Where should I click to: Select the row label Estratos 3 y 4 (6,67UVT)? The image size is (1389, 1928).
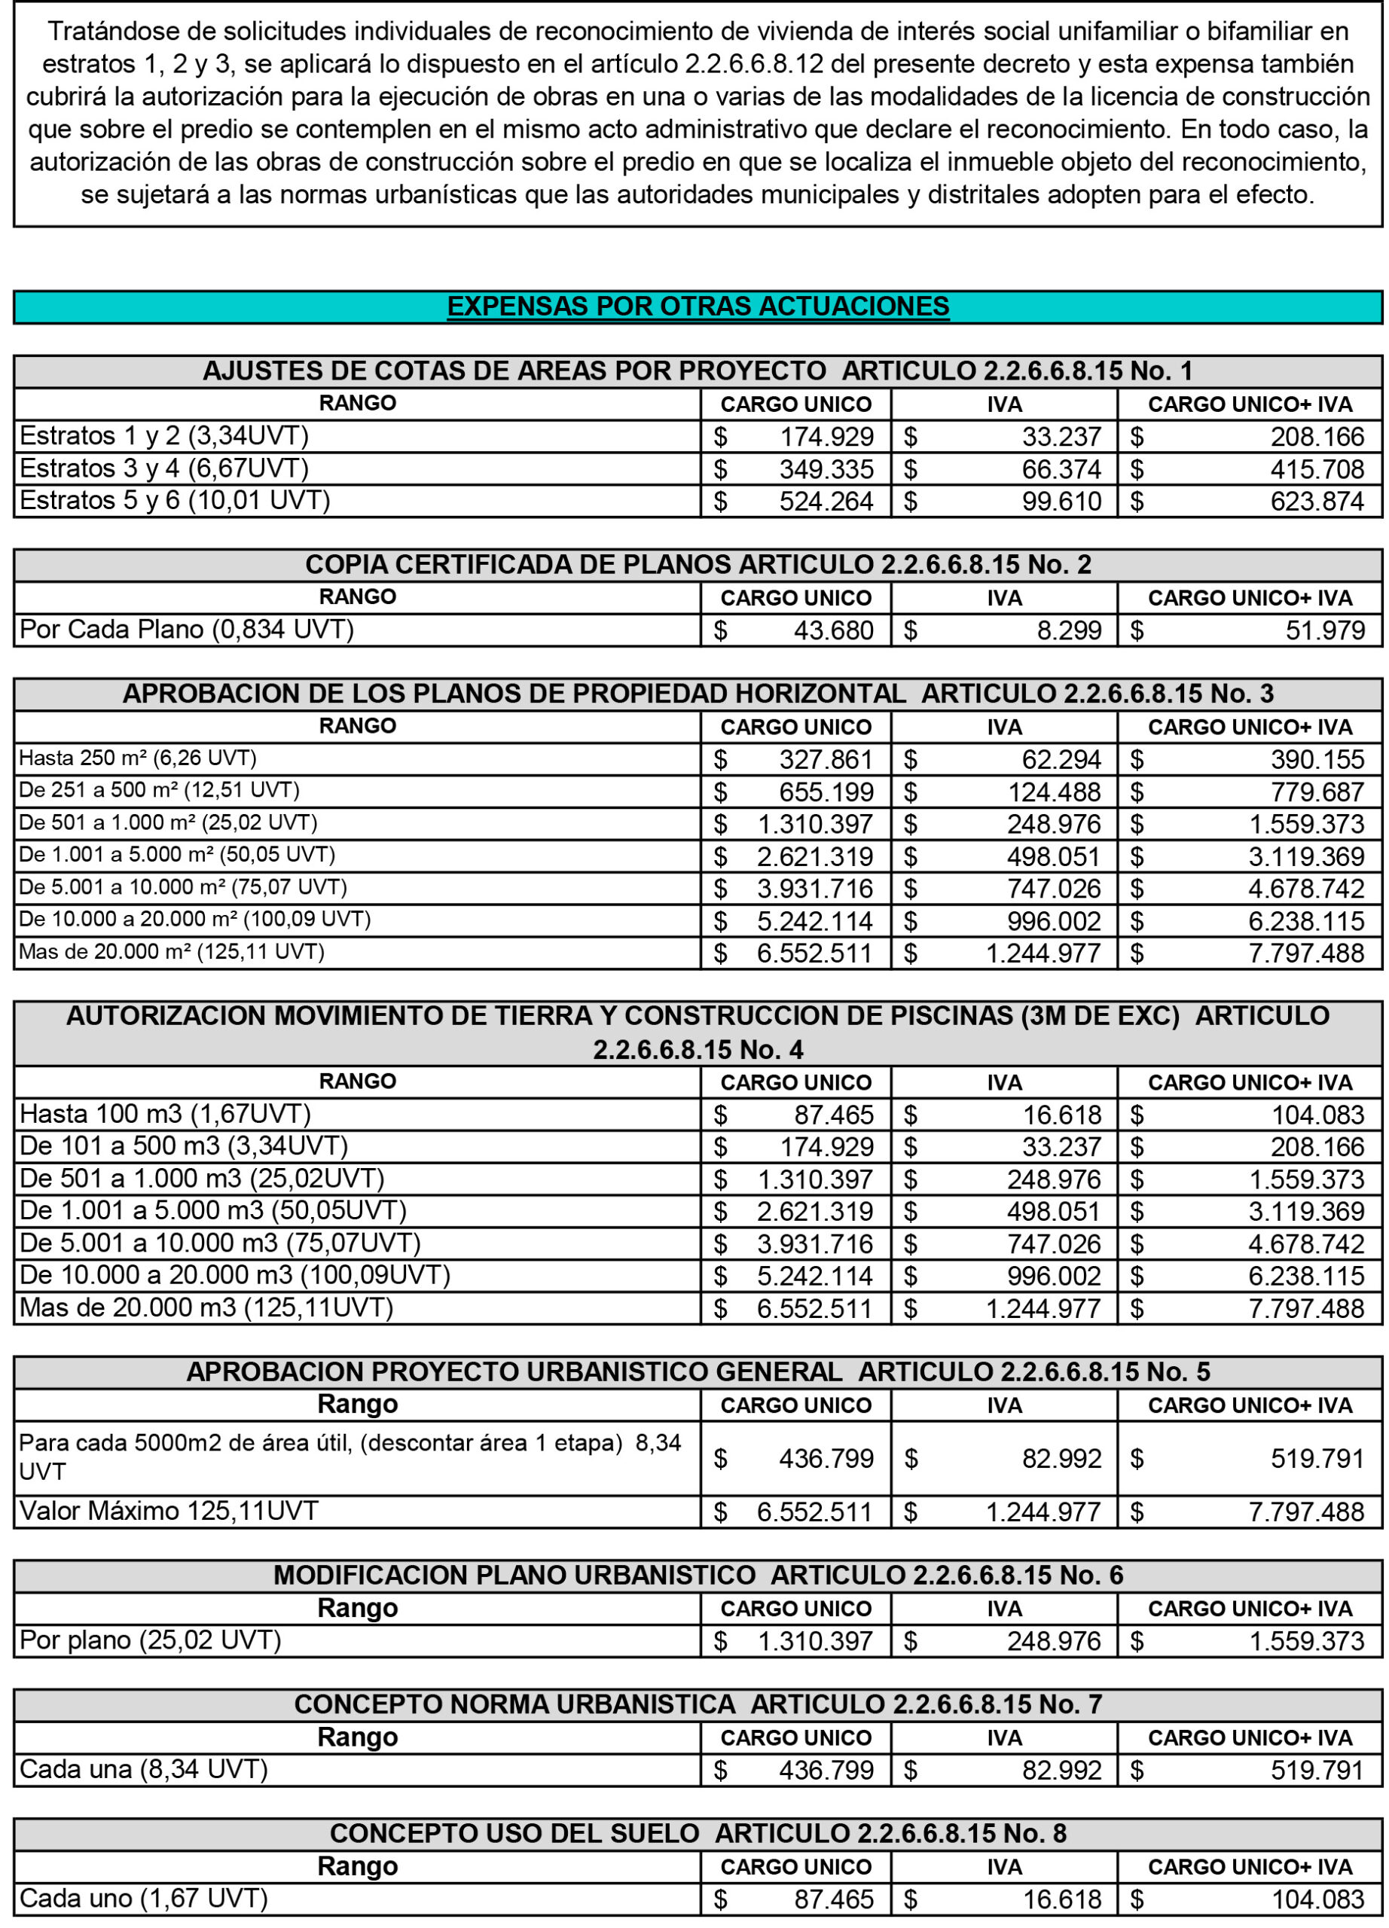(x=163, y=468)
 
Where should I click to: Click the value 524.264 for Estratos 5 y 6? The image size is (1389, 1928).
(x=826, y=501)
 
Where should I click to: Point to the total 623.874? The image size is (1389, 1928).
(x=1317, y=502)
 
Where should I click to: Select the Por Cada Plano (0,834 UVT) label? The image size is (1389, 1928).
(x=186, y=630)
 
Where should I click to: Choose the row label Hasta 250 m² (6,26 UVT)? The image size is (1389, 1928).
(x=138, y=758)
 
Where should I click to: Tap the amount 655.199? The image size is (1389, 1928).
(x=826, y=792)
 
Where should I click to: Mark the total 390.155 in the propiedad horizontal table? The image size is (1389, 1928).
(x=1317, y=759)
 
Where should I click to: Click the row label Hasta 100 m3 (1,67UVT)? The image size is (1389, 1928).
(x=165, y=1114)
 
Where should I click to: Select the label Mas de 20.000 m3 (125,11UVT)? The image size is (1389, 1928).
(x=206, y=1307)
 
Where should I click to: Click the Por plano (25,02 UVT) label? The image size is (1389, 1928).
(x=150, y=1640)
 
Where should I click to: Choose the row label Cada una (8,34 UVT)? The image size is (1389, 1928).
(x=143, y=1769)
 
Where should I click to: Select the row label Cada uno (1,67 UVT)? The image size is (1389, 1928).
(x=143, y=1898)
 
